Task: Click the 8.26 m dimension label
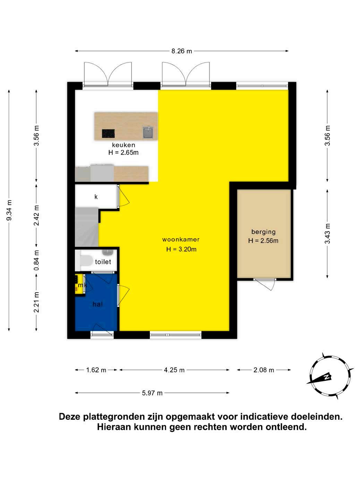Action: point(181,51)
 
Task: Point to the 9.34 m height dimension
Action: point(9,210)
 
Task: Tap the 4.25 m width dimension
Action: point(174,370)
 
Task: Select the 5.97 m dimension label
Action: point(152,393)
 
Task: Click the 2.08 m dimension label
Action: point(264,370)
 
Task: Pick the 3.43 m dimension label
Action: point(327,233)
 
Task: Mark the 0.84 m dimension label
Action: point(36,260)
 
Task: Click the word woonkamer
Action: point(181,239)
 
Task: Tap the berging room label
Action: point(263,232)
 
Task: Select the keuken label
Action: point(123,145)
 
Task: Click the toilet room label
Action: point(103,262)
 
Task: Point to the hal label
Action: point(97,304)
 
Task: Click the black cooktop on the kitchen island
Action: point(108,134)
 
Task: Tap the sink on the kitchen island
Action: point(148,132)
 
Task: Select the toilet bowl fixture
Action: point(86,260)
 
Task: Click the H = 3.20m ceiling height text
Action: point(181,249)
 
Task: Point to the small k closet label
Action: point(96,197)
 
